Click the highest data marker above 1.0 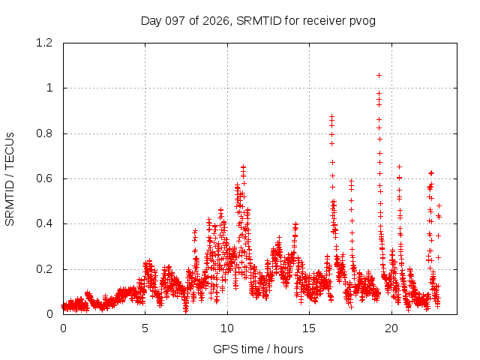(379, 75)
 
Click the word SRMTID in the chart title (259, 21)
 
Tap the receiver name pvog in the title (362, 22)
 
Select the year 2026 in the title (216, 21)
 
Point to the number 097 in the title (175, 21)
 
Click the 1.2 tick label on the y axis (44, 43)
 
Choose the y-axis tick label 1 (49, 88)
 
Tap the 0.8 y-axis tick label (44, 133)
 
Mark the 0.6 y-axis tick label (44, 178)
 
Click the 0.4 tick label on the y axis (44, 223)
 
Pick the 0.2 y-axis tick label (44, 269)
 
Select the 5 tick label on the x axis (145, 328)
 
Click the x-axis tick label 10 (227, 328)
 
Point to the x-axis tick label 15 (309, 328)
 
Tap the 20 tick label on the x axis (391, 328)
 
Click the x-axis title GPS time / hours (258, 349)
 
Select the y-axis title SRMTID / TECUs (10, 179)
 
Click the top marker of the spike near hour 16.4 (331, 117)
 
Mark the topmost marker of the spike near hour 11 (243, 167)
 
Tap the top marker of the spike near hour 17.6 (352, 181)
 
